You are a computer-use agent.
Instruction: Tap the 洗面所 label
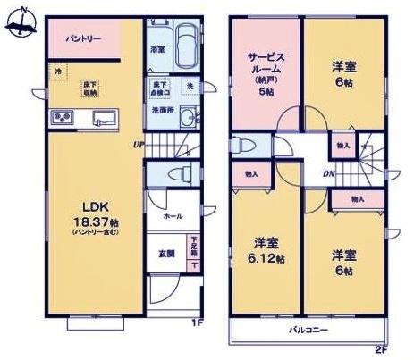point(161,110)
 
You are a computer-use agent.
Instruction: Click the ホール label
point(173,216)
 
